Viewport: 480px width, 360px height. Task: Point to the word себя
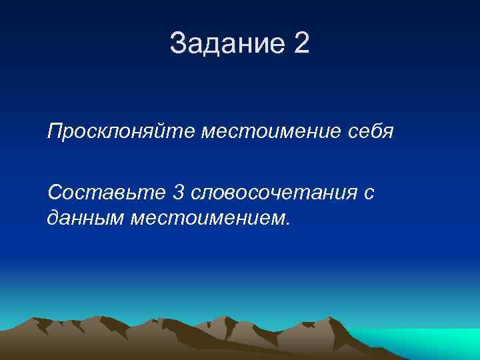point(371,132)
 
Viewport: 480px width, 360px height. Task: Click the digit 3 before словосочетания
point(178,193)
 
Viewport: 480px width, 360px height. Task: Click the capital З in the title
point(178,45)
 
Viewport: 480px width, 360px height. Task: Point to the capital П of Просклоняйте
point(54,132)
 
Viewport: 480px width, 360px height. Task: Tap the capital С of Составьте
point(55,193)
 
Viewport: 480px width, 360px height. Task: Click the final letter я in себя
point(388,133)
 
